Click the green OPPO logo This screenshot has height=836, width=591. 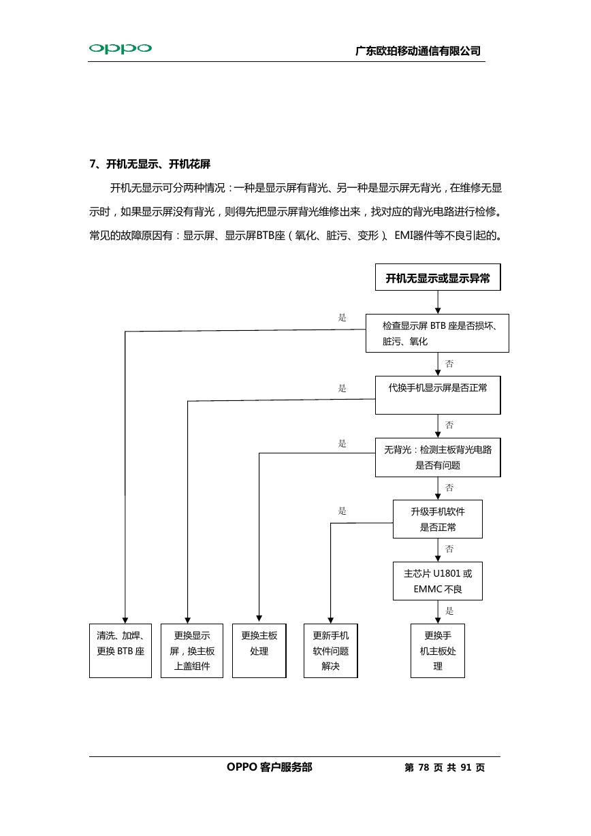pos(121,48)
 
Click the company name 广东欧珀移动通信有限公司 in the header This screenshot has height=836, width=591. pos(418,51)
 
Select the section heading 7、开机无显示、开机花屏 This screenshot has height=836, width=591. pos(150,164)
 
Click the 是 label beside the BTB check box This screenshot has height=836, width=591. pos(342,318)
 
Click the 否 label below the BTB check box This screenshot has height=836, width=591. pos(449,364)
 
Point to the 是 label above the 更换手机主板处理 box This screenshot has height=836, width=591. pos(449,611)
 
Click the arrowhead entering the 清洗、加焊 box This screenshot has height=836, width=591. pos(125,620)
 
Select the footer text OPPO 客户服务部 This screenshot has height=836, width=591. pos(269,767)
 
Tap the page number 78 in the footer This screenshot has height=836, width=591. pos(424,767)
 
